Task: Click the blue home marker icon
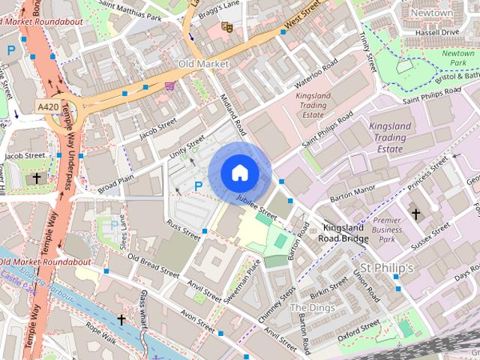[239, 173]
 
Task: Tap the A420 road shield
[48, 108]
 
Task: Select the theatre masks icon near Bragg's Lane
[226, 28]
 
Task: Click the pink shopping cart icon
[170, 86]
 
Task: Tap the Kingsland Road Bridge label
[345, 232]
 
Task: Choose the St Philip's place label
[387, 268]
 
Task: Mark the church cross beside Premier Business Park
[415, 214]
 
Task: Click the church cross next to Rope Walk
[121, 319]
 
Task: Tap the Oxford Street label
[359, 329]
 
